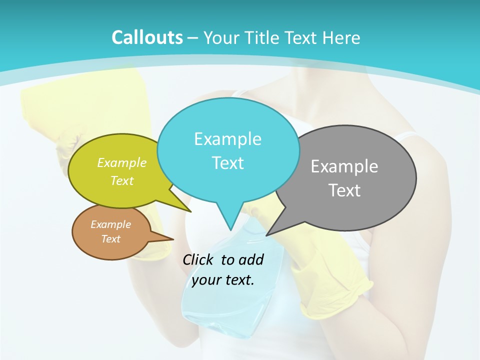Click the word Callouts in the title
click(x=147, y=37)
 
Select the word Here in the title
click(x=341, y=37)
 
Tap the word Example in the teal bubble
click(x=227, y=139)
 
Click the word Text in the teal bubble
click(x=227, y=163)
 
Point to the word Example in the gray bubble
click(x=344, y=166)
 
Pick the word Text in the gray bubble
click(x=344, y=190)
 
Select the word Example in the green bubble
click(x=122, y=163)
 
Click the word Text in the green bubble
click(x=122, y=181)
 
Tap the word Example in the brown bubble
click(x=110, y=224)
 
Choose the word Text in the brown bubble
click(x=110, y=239)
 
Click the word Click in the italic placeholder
click(x=199, y=259)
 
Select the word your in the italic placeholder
click(x=205, y=280)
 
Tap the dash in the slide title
click(x=193, y=37)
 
